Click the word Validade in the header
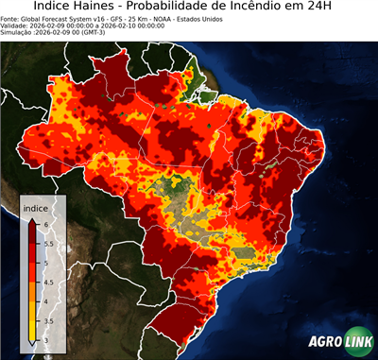(17, 26)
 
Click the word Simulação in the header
(18, 34)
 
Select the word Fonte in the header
(11, 19)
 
